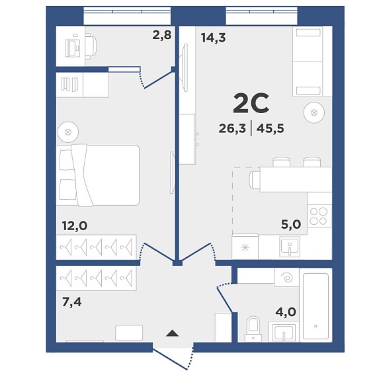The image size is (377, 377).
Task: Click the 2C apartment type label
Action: click(x=251, y=103)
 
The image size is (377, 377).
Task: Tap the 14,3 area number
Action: click(x=213, y=38)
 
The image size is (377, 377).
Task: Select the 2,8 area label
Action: click(x=162, y=35)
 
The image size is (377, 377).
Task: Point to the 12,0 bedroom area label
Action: click(x=75, y=226)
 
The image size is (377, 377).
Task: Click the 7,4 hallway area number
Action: click(x=71, y=302)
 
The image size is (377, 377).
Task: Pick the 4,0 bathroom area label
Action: click(x=286, y=312)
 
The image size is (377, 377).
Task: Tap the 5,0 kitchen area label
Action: click(x=291, y=224)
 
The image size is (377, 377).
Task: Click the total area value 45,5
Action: click(x=271, y=128)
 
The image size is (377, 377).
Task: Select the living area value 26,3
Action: click(x=232, y=128)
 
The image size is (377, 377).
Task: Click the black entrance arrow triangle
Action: click(x=172, y=333)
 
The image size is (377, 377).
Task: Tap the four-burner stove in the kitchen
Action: click(x=319, y=216)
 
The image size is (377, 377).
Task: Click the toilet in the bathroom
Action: click(x=253, y=329)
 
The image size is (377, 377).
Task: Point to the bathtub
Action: click(x=315, y=305)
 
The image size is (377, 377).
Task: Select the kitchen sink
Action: click(x=290, y=247)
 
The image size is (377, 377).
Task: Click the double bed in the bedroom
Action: click(x=98, y=175)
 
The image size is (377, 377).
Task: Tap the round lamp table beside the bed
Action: click(x=68, y=132)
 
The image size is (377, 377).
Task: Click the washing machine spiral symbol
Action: click(x=287, y=278)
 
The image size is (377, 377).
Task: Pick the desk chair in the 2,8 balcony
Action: click(x=91, y=46)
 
